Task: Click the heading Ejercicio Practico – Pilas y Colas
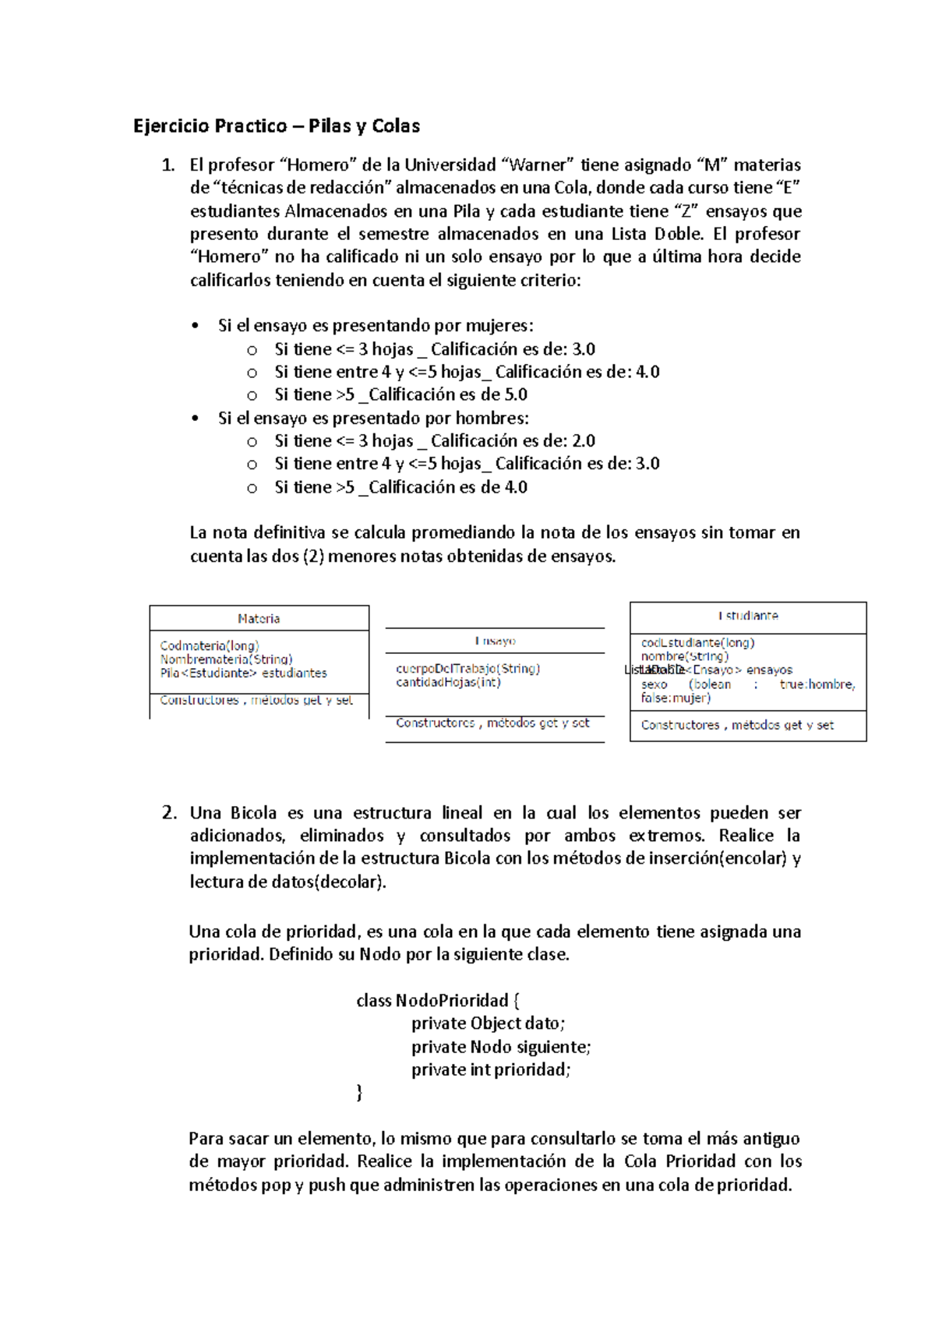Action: coord(277,126)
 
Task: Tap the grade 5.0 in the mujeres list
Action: coord(516,395)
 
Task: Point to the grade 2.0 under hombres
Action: coord(584,441)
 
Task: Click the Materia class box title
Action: coord(259,619)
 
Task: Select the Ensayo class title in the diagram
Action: coord(495,642)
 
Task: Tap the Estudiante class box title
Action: coord(748,616)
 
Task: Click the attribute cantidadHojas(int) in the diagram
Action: coord(448,683)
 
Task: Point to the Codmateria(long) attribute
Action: coord(210,646)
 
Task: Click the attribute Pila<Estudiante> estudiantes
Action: coord(243,673)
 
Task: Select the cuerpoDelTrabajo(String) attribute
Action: coord(467,669)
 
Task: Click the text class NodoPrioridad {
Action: coord(438,1001)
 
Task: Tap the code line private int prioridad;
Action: coord(491,1070)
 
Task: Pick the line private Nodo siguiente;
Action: coord(501,1047)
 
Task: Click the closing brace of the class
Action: coord(359,1094)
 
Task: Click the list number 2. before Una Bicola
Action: coord(170,813)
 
